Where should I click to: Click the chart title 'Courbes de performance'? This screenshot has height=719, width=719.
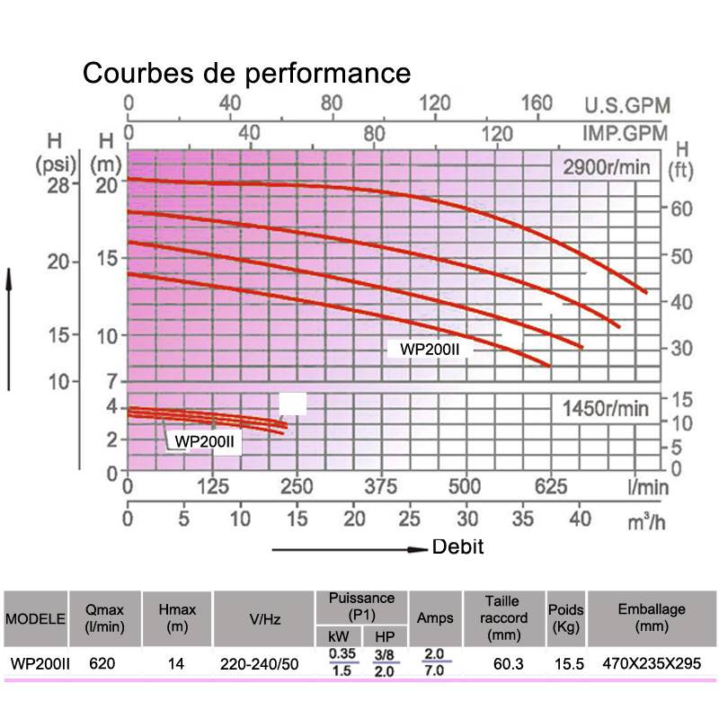pos(246,73)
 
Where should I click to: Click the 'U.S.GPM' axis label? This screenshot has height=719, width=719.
pos(626,105)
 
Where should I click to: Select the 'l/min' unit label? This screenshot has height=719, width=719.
pos(649,487)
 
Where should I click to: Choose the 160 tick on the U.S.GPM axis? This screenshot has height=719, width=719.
pos(537,103)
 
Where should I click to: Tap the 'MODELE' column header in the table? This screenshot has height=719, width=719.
pos(36,619)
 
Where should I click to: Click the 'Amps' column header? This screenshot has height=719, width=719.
pos(436,619)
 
